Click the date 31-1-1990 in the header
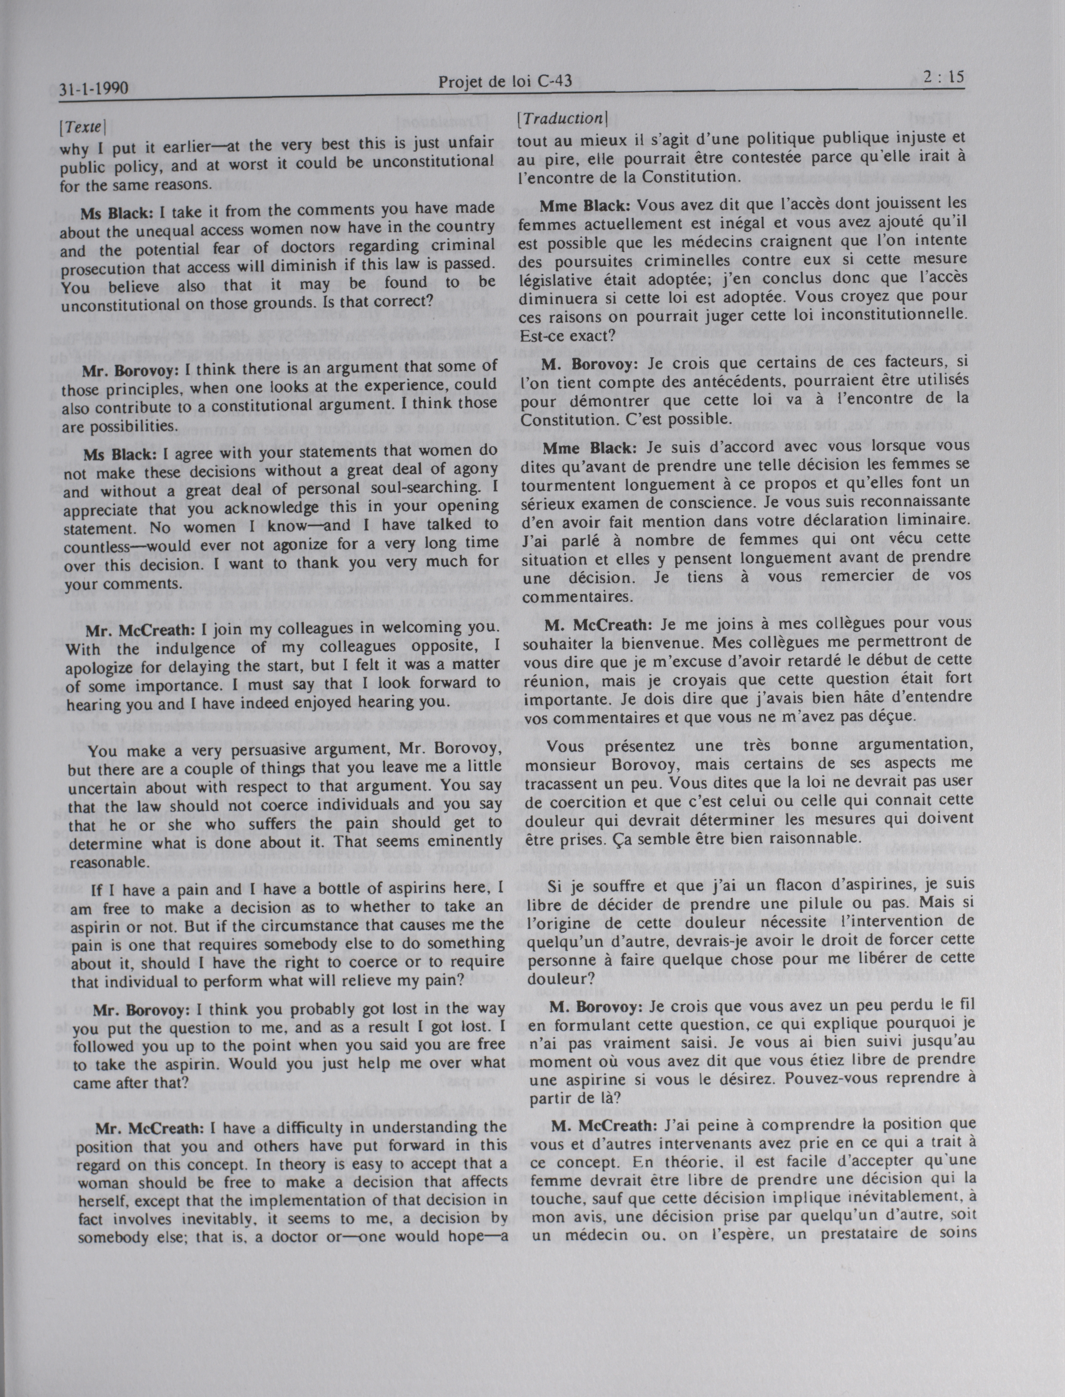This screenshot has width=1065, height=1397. pos(94,89)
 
